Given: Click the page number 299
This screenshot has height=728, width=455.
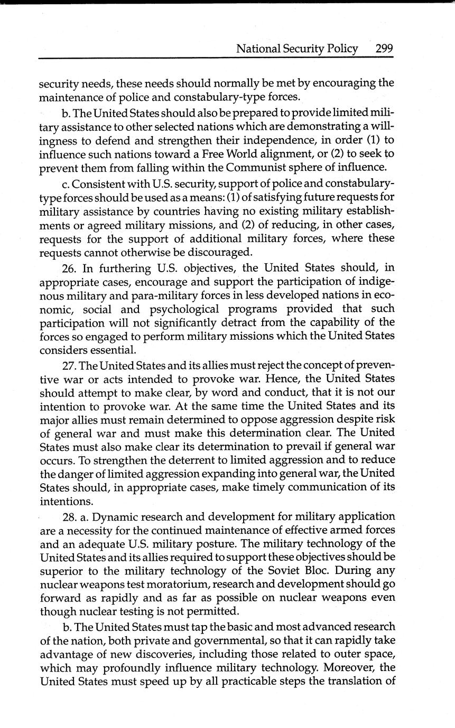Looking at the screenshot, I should coord(384,49).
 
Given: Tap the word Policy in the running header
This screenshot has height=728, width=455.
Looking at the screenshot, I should coord(341,49).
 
